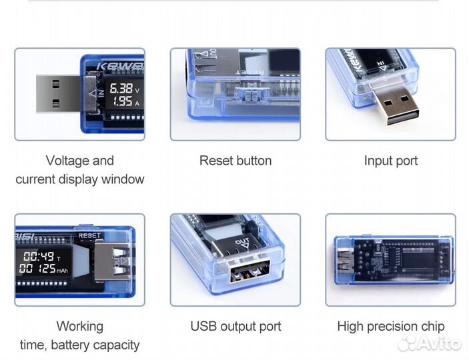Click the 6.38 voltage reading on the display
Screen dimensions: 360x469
pos(121,88)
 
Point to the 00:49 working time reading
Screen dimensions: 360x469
pos(39,256)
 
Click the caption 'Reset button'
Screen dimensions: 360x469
pos(236,161)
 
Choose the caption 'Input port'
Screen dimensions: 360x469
pos(391,161)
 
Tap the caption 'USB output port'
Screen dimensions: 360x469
pos(236,327)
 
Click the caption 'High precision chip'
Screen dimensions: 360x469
pos(391,327)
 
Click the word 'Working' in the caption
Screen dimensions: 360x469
pos(79,327)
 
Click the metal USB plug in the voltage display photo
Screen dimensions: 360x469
pos(57,94)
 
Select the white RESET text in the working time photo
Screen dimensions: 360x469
pos(90,235)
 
